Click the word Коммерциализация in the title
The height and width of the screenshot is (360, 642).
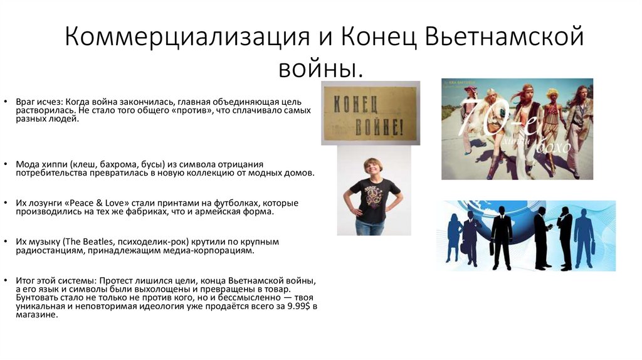(x=176, y=38)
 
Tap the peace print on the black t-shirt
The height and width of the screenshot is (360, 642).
(x=374, y=198)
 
